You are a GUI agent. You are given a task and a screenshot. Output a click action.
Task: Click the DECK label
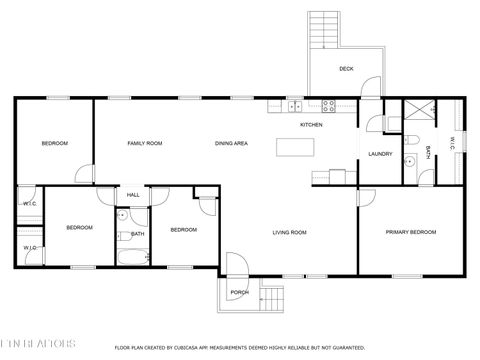(x=346, y=69)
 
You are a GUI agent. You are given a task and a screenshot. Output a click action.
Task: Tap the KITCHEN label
(x=312, y=125)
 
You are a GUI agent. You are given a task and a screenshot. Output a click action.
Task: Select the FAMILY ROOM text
(x=145, y=144)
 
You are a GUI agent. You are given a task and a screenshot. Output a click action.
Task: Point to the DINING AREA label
(x=231, y=144)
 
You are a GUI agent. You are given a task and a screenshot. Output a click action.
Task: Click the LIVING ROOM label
(x=290, y=232)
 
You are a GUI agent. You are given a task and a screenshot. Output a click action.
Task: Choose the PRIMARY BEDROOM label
(x=412, y=232)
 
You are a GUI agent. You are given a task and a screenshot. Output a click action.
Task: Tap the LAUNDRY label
(x=380, y=153)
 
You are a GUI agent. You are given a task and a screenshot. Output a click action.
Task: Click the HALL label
(x=133, y=195)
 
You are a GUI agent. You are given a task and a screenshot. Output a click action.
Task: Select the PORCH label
(x=240, y=292)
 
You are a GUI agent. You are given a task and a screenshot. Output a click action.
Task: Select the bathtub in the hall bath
(x=132, y=258)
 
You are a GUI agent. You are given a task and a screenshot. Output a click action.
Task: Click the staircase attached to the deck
(x=325, y=31)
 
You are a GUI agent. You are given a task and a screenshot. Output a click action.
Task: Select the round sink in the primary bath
(x=409, y=161)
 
